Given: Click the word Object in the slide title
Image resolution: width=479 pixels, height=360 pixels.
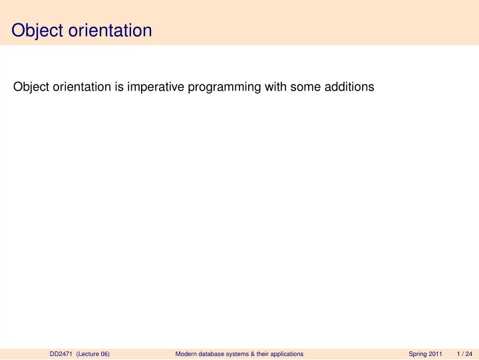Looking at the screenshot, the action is (x=37, y=31).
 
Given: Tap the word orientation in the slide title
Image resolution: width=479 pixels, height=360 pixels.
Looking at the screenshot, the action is (x=110, y=30).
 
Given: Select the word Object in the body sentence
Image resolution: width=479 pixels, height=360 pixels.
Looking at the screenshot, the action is (x=31, y=87).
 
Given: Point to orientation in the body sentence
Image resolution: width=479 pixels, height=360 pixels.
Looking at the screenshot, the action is (x=82, y=87).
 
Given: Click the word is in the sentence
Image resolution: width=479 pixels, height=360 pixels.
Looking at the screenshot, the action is (x=120, y=87).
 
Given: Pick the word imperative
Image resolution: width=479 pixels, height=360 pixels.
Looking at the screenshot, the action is (x=156, y=87).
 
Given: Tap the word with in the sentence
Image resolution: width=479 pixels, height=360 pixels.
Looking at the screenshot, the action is (x=275, y=87).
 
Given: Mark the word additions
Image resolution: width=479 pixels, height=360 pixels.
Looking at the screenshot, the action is (x=349, y=87).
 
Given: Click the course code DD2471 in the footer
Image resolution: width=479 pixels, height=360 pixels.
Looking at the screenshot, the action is (x=61, y=354).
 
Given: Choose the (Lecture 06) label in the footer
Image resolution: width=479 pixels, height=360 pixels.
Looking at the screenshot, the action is (x=93, y=354).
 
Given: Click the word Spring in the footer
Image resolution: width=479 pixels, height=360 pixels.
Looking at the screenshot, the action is (x=418, y=354).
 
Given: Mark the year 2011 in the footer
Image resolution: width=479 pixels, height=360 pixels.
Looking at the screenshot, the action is (x=435, y=354).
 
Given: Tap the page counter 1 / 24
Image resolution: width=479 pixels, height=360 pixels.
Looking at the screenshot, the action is (x=464, y=354).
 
